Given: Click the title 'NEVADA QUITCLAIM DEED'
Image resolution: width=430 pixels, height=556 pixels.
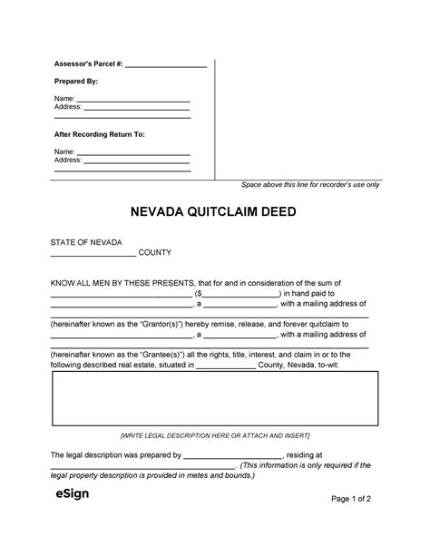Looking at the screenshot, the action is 215,213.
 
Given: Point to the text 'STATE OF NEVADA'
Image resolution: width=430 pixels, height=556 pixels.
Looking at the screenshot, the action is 84,241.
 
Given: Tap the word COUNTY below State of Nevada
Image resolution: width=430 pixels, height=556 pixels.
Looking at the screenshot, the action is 155,253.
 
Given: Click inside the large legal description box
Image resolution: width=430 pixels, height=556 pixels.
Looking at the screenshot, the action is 215,399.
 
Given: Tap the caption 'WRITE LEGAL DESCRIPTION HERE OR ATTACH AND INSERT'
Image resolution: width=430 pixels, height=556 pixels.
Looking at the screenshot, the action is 215,436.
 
